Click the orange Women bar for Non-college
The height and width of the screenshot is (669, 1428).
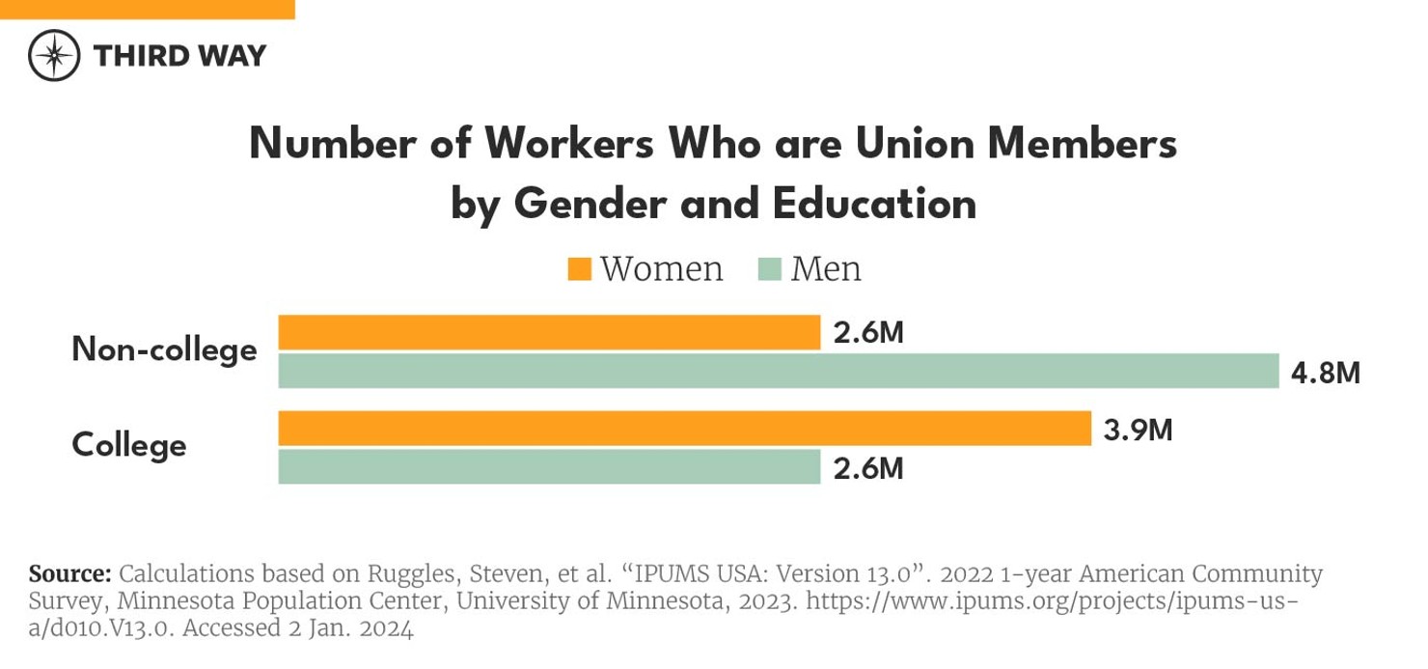pos(549,332)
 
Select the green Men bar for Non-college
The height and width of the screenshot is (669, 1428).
pos(779,372)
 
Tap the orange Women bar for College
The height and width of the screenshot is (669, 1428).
pos(684,429)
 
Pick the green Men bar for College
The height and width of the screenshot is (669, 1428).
pos(549,467)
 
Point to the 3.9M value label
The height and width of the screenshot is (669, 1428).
pos(1138,430)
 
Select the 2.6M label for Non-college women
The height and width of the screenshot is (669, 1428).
pos(868,333)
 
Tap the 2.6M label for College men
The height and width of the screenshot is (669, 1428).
pos(868,468)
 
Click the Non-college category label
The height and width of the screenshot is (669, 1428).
pos(164,349)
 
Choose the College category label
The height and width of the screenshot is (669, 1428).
pos(129,445)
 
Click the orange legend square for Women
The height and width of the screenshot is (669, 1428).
pos(580,269)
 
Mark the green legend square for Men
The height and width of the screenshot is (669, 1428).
pos(770,269)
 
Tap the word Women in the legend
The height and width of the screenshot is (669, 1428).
pos(661,269)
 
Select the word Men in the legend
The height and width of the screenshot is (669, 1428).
pos(826,269)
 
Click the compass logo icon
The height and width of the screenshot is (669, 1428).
pos(54,55)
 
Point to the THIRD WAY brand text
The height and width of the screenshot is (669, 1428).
pos(179,56)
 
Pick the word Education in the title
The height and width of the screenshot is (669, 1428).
pos(874,205)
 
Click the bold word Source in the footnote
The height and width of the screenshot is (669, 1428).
pos(70,573)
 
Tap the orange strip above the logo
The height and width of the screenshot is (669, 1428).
pos(147,9)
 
